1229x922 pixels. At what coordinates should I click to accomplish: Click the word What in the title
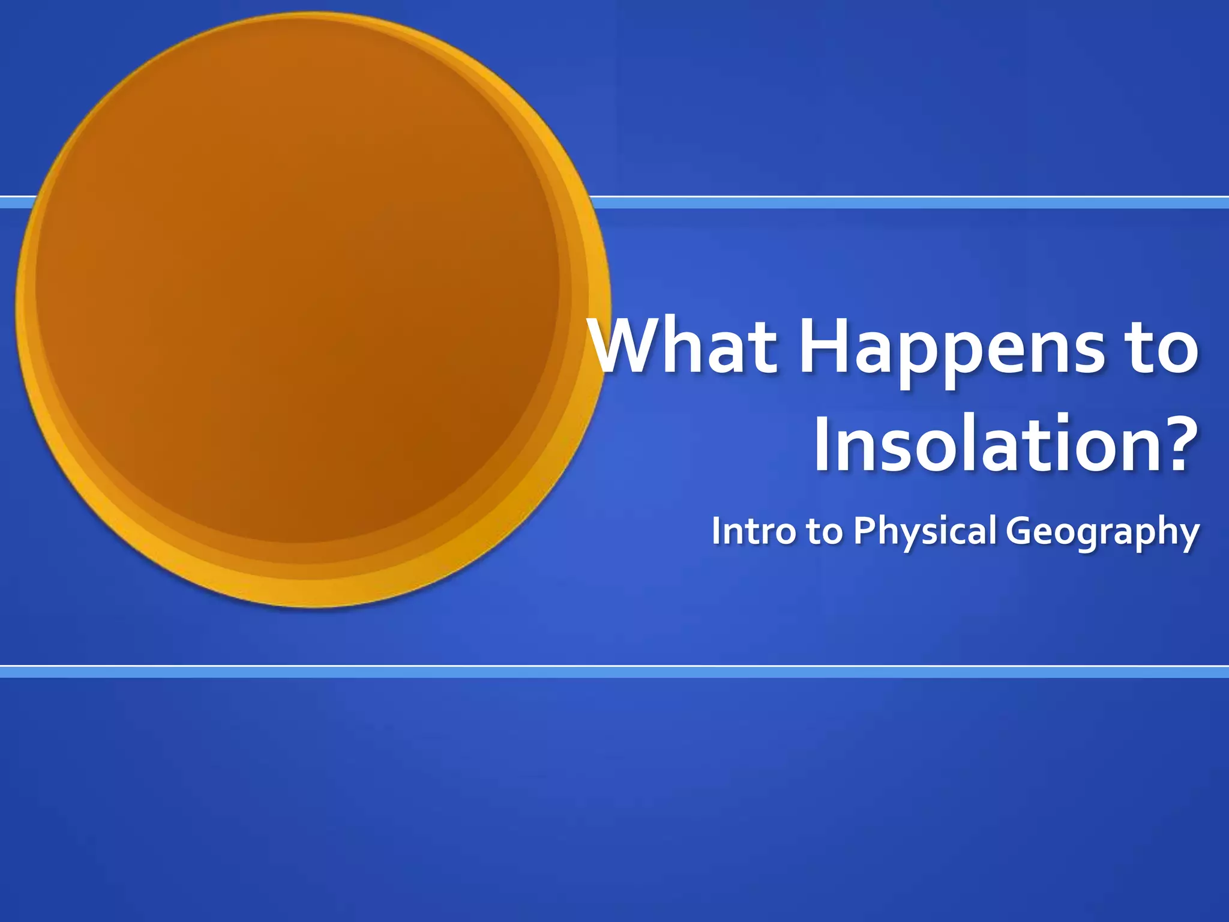click(x=684, y=347)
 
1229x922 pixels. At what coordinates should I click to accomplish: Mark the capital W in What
click(x=634, y=347)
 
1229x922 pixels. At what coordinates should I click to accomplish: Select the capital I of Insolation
click(x=823, y=444)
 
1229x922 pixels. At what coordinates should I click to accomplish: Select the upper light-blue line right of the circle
click(x=900, y=203)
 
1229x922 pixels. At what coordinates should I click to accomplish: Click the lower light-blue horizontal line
click(x=614, y=672)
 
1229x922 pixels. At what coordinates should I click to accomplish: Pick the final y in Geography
click(x=1189, y=536)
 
